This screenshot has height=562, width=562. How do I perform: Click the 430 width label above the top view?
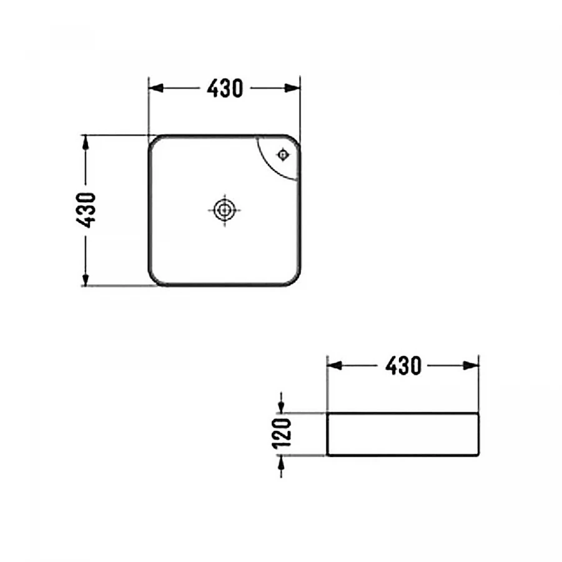[225, 88]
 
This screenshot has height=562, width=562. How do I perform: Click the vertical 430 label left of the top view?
[86, 210]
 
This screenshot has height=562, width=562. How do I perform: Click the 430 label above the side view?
[403, 366]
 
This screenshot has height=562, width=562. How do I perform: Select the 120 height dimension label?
[282, 434]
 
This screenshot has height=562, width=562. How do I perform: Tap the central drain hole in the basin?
[224, 210]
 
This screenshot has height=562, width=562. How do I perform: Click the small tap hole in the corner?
[283, 155]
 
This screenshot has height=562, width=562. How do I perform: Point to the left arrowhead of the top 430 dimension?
[156, 88]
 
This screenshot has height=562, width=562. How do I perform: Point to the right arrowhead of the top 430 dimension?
[292, 88]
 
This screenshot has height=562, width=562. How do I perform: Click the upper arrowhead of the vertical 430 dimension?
[86, 142]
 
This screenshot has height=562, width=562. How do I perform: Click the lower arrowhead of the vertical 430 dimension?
[86, 279]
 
